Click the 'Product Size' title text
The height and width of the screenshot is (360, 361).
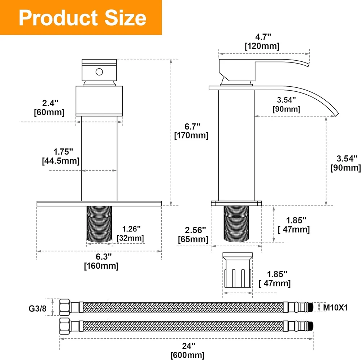coord(82,18)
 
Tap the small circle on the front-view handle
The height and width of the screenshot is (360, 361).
coord(99,72)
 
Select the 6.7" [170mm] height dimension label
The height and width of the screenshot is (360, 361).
coord(191,131)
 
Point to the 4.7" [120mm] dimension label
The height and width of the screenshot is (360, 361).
coord(262,42)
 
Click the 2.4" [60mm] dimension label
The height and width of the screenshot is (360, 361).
coord(49,108)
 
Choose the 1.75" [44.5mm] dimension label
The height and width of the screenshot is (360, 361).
coord(61,156)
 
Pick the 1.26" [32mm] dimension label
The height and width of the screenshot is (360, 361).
coord(130,234)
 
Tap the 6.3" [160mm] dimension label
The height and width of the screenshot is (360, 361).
coord(101,261)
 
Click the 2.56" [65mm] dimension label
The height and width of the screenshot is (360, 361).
coord(193,235)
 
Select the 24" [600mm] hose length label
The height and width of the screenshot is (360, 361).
coord(187,351)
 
